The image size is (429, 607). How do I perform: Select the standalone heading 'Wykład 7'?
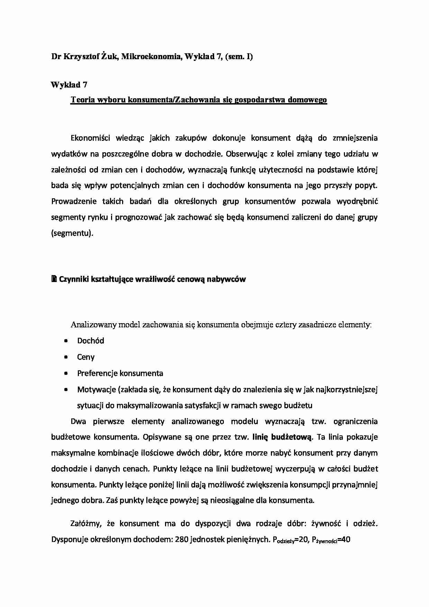click(69, 84)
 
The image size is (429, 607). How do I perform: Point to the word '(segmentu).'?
click(72, 233)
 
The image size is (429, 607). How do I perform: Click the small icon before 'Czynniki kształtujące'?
click(54, 279)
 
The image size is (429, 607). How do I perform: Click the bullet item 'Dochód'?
click(91, 341)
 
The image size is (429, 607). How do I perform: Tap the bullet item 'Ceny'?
click(86, 357)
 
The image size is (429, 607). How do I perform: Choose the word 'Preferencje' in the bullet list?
click(97, 373)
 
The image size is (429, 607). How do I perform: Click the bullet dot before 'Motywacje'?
click(66, 390)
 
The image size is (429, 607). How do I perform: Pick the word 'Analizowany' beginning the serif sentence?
click(93, 325)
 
